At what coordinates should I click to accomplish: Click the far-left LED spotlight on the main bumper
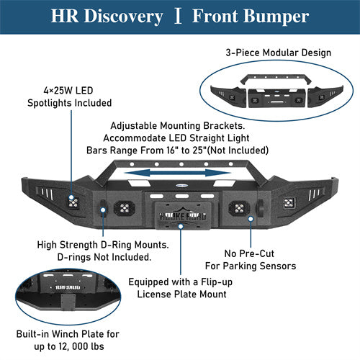coord(72,202)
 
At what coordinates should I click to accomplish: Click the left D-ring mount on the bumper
coord(104,210)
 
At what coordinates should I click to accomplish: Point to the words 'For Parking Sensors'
coord(259,266)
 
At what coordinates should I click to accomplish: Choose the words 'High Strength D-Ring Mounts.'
coord(103,245)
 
